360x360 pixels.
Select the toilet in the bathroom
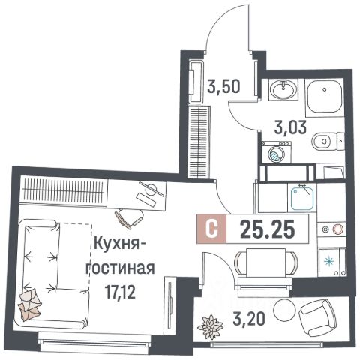(324, 139)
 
